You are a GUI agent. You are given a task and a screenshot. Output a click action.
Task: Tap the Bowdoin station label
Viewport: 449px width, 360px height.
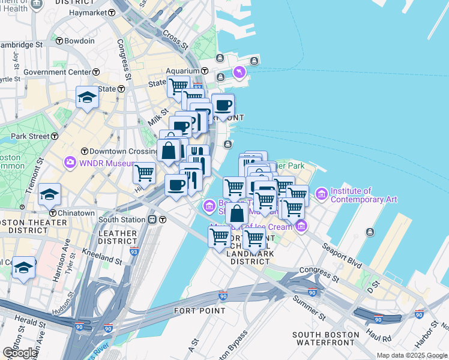coord(79,41)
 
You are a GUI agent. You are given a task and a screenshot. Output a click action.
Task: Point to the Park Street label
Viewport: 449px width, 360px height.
coord(29,136)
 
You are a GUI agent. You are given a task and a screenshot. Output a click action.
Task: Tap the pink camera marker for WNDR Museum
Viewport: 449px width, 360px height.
coord(70,162)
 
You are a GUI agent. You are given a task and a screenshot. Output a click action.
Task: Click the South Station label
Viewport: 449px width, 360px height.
coord(122,220)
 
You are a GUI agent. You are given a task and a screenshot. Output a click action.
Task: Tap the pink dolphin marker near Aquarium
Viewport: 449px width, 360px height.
coord(240,72)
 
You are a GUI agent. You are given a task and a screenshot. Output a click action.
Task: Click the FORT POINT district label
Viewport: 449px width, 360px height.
coord(200,311)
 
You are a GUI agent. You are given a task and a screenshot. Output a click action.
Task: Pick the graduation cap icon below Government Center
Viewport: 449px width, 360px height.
coord(87,97)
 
